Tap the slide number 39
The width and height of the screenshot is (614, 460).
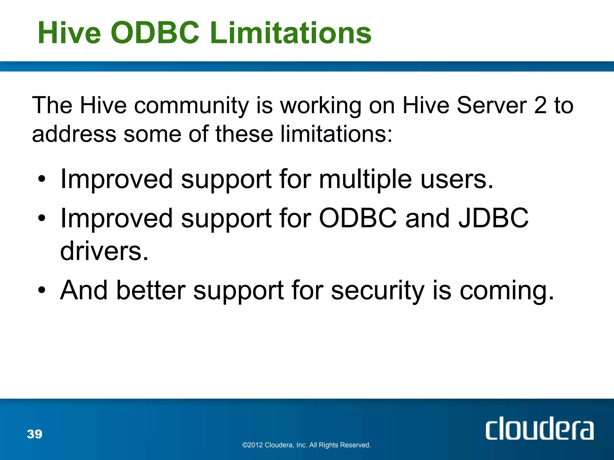pyautogui.click(x=34, y=434)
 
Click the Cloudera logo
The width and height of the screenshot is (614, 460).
pyautogui.click(x=539, y=429)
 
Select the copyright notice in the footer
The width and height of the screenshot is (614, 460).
pyautogui.click(x=306, y=445)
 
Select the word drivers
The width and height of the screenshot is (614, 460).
pyautogui.click(x=104, y=251)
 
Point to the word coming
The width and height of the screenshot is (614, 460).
pyautogui.click(x=507, y=290)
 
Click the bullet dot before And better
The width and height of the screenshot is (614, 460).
pyautogui.click(x=42, y=290)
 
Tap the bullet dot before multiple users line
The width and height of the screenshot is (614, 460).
pyautogui.click(x=42, y=179)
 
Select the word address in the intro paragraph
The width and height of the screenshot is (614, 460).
pyautogui.click(x=74, y=134)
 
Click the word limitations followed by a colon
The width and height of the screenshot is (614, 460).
pyautogui.click(x=336, y=134)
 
